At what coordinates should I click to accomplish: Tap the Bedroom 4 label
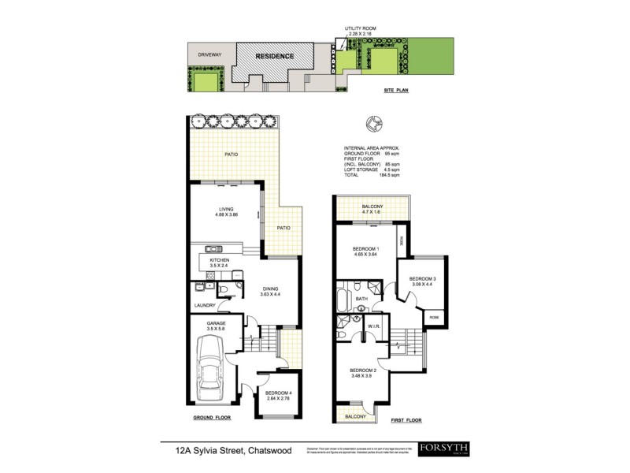pyautogui.click(x=279, y=393)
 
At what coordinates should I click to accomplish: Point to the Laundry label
pyautogui.click(x=205, y=306)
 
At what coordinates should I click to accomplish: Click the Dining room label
pyautogui.click(x=271, y=289)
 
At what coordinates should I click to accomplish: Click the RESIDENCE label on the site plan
pyautogui.click(x=273, y=56)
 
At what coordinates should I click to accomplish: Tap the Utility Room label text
pyautogui.click(x=359, y=28)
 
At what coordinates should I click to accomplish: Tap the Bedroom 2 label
pyautogui.click(x=365, y=371)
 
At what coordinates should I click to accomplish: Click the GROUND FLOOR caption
pyautogui.click(x=211, y=419)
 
